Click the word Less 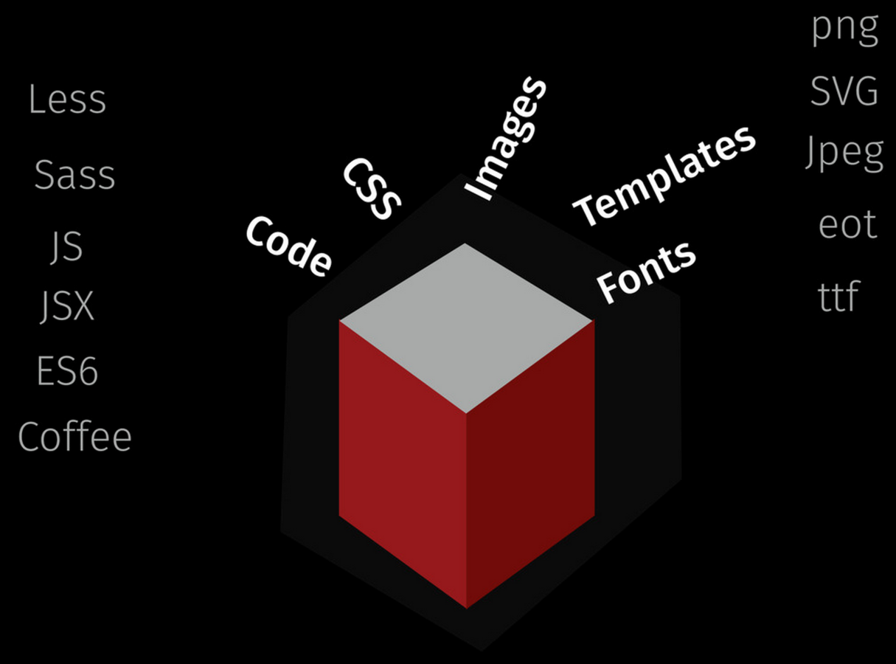tap(67, 100)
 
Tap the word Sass tap(74, 176)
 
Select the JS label tap(66, 246)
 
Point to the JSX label tap(67, 306)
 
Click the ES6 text tap(67, 371)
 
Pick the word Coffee tap(74, 437)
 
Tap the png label tap(845, 28)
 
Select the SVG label tap(844, 92)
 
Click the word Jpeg tap(844, 153)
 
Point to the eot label tap(847, 224)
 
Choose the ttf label tap(838, 297)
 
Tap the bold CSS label tap(372, 188)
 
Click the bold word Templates tap(664, 176)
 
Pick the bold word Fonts tap(646, 272)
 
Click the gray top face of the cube tap(466, 325)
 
